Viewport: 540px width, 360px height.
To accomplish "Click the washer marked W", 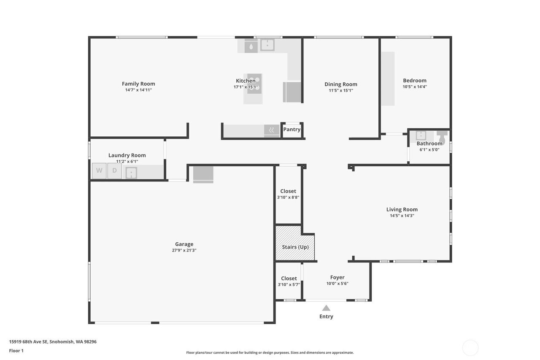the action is [x=99, y=171].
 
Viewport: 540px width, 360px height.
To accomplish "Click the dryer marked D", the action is [x=114, y=171].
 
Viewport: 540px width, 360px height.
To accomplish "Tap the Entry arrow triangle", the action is [x=326, y=308].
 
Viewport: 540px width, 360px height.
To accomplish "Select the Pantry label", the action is [x=292, y=130].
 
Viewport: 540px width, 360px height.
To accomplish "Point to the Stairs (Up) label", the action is [x=295, y=247].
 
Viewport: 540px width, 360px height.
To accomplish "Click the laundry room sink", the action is [x=131, y=173].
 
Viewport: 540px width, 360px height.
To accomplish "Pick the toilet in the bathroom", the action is [x=442, y=137].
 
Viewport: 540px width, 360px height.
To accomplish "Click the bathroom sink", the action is [x=421, y=135].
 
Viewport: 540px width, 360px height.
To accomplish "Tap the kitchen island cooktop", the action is [x=254, y=84].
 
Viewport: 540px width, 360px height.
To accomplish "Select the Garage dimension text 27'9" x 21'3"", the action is [x=184, y=250].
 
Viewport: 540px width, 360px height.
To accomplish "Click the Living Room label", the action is [x=402, y=209].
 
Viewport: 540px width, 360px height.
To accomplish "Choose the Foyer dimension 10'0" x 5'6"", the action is [x=337, y=284].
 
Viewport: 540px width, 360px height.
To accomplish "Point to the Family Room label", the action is [x=138, y=84].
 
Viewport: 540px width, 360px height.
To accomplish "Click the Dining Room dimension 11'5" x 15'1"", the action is [x=341, y=90].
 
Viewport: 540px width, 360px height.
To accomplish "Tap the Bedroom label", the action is [x=415, y=81].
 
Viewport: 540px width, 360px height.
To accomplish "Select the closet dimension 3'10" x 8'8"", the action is [x=288, y=197].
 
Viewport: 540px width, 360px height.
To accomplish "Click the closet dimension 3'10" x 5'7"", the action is [x=289, y=284].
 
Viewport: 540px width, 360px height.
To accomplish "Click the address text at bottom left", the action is [x=53, y=342].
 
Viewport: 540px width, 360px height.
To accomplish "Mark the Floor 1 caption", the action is [x=16, y=351].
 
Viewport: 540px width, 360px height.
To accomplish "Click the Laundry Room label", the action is [x=127, y=155].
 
